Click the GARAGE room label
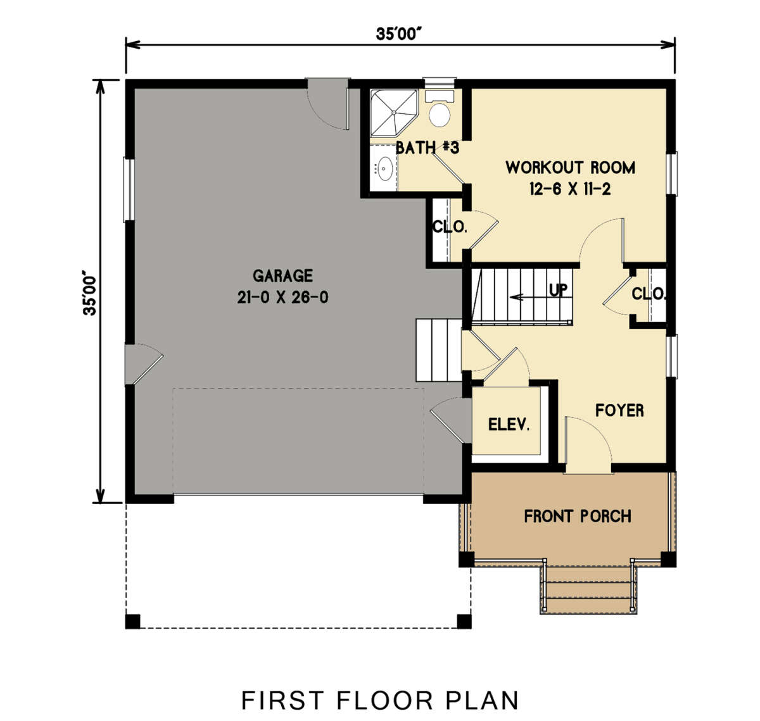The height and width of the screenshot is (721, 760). [x=282, y=276]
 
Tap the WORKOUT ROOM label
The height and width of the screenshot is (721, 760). [x=570, y=168]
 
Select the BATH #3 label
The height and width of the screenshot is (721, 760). [x=427, y=148]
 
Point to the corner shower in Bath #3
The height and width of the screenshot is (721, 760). [x=392, y=112]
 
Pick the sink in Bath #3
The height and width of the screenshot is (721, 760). [x=384, y=169]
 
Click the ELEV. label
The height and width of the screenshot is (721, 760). [x=509, y=425]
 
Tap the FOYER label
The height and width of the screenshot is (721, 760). [x=619, y=411]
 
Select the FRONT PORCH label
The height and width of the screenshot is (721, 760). [x=578, y=517]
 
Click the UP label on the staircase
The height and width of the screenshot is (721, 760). [x=558, y=291]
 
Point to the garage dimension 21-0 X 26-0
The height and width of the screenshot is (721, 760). [x=282, y=298]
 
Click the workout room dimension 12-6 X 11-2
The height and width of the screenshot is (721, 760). [x=570, y=189]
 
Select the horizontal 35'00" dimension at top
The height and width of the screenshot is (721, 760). [x=399, y=34]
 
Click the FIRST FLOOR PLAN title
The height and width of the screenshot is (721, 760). [x=380, y=701]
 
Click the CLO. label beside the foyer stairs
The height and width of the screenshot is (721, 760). [x=649, y=294]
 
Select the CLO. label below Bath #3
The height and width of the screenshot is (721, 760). [x=450, y=227]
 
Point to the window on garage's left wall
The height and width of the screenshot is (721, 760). [x=129, y=189]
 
